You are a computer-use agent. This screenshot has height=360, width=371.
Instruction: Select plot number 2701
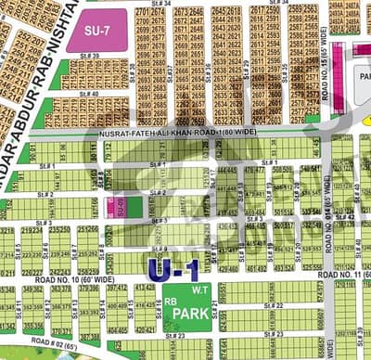(142, 12)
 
